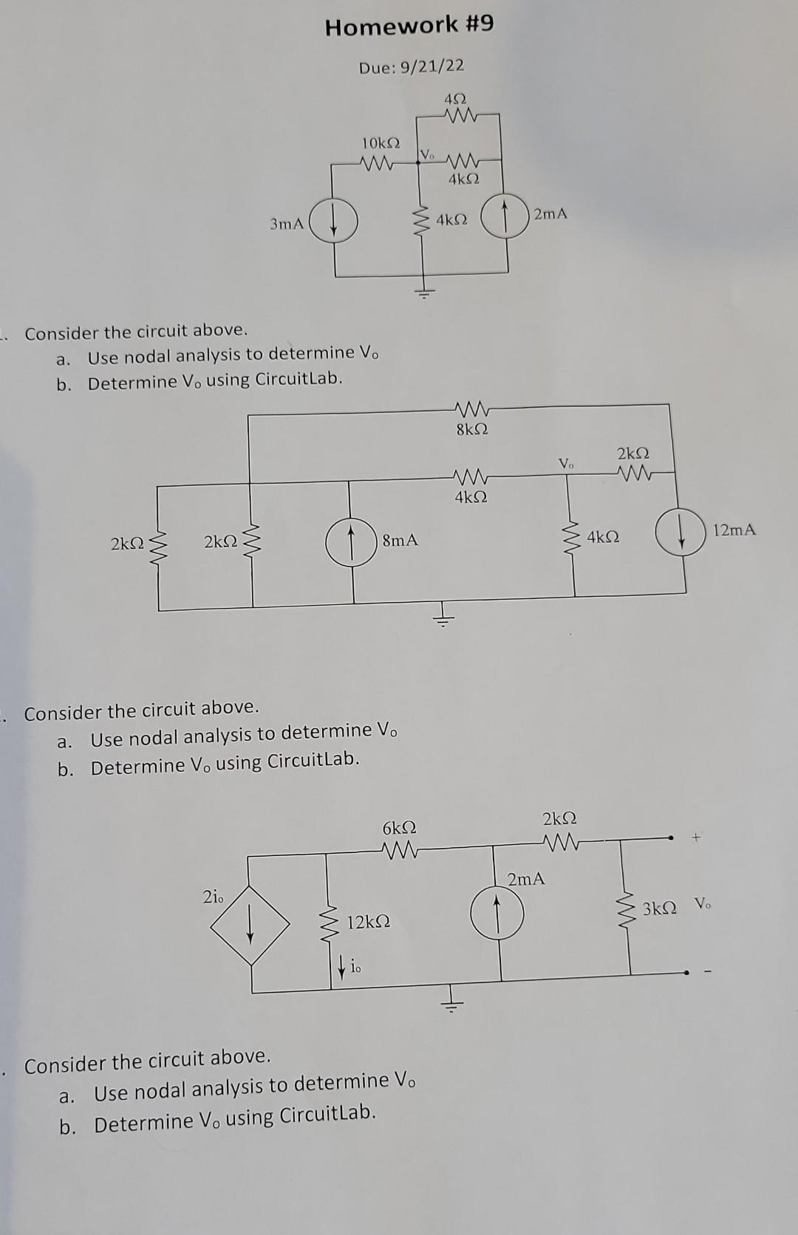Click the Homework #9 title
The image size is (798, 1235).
[409, 26]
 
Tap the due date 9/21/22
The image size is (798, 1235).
[412, 66]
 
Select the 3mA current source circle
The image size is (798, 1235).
[334, 222]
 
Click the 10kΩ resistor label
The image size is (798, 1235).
[381, 142]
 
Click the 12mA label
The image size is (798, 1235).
[734, 530]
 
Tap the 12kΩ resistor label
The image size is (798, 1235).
[368, 922]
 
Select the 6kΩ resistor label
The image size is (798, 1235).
[399, 827]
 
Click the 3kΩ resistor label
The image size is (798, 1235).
[659, 909]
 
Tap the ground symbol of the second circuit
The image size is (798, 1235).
[443, 619]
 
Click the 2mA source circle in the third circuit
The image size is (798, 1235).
[498, 914]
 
